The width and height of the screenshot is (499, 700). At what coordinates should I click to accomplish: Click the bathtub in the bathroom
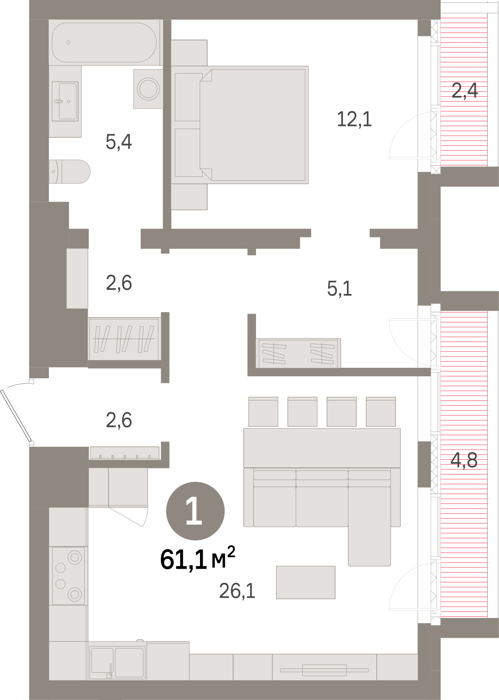tap(104, 42)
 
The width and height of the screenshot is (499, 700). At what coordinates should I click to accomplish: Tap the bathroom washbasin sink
tap(65, 101)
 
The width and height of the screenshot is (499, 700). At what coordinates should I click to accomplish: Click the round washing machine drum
tap(148, 89)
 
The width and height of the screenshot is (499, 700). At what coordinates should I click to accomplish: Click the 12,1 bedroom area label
tap(354, 119)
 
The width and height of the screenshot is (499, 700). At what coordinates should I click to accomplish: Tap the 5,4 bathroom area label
tap(119, 142)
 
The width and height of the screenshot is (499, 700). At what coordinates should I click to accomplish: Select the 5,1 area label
tap(339, 288)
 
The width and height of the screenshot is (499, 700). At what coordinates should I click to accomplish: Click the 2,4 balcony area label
tap(465, 91)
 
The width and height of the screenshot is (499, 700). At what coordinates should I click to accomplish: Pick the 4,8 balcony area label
tap(464, 460)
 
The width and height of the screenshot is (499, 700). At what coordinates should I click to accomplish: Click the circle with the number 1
tap(195, 511)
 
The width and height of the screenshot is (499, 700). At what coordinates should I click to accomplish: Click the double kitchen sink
tap(117, 663)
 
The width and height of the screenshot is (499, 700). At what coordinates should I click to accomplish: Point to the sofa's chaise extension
tap(369, 526)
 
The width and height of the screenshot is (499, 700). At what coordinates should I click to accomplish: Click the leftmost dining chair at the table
tap(263, 412)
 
